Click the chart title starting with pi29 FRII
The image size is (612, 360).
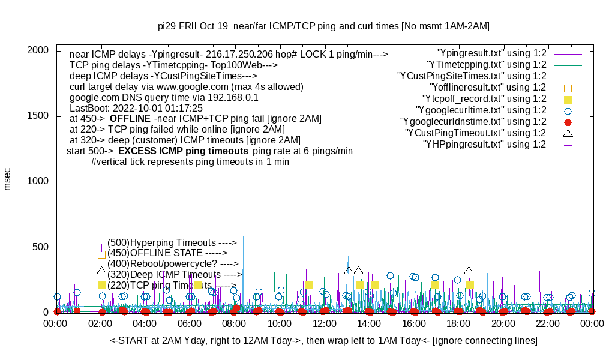click(323, 26)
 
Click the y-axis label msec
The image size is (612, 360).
click(8, 179)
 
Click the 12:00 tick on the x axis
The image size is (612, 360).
click(324, 323)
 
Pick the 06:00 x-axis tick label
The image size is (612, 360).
click(190, 323)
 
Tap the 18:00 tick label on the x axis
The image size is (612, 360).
click(458, 323)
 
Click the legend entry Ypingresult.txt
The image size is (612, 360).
click(491, 53)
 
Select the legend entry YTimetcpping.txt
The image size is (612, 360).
click(486, 65)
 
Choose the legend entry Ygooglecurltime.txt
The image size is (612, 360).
click(481, 110)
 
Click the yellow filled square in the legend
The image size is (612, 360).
click(568, 99)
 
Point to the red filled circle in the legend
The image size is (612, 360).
click(568, 122)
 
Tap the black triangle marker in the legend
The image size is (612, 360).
click(568, 133)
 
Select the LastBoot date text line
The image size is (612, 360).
click(132, 108)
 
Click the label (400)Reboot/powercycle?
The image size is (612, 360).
click(173, 264)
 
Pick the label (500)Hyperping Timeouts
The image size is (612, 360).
click(172, 242)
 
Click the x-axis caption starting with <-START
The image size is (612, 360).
click(323, 341)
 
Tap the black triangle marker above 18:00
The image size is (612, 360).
click(469, 271)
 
